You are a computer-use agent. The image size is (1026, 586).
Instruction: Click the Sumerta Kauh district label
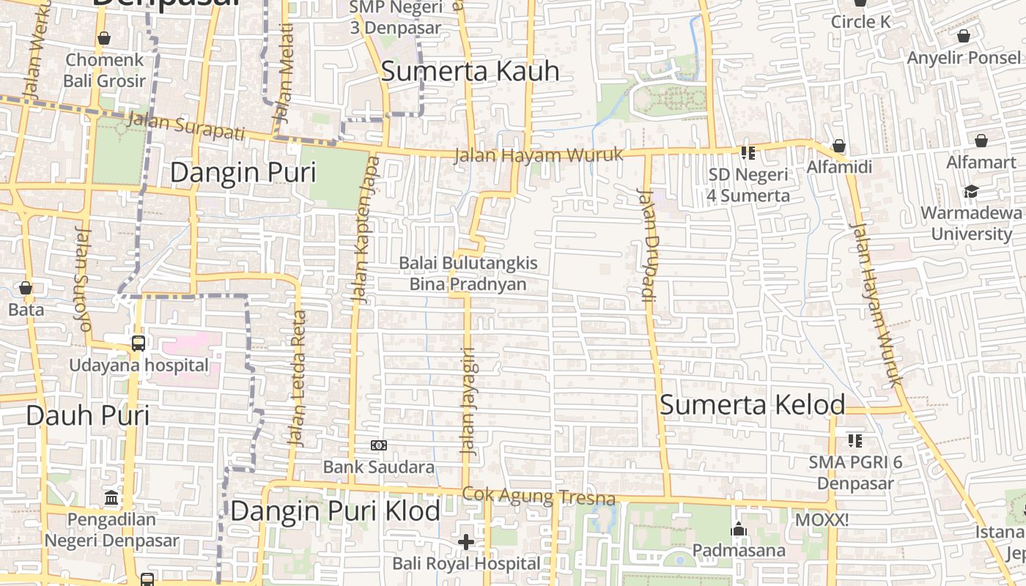(470, 71)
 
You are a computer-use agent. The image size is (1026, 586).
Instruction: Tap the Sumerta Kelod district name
(753, 404)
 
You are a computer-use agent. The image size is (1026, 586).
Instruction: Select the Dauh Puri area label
(88, 415)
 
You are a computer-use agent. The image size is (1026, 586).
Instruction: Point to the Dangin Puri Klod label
(335, 511)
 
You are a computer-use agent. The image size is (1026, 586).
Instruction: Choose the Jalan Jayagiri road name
(468, 401)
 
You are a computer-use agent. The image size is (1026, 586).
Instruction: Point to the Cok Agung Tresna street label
(539, 497)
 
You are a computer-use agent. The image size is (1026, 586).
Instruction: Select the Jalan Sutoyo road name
(83, 279)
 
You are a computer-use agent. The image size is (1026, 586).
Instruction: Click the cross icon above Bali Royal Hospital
(466, 542)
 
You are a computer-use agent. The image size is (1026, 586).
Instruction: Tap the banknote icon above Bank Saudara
(379, 445)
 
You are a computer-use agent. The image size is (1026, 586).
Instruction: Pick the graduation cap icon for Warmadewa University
(971, 191)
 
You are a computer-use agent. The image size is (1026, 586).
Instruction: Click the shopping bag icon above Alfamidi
(839, 146)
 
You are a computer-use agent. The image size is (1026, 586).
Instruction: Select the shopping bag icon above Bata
(26, 288)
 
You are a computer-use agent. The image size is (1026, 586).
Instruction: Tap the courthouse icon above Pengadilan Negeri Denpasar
(111, 498)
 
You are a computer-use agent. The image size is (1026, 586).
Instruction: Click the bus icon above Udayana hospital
(139, 343)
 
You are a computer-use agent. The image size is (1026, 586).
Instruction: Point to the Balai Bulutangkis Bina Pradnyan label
(468, 273)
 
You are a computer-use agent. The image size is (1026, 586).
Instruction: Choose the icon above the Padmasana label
(739, 529)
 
